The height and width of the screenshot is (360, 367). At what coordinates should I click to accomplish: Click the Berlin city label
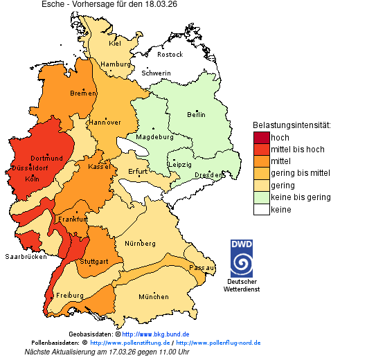coord(196,114)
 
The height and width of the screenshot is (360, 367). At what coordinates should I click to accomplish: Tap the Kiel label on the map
coord(115,44)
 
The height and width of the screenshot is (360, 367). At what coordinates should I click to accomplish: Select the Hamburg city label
coord(116,64)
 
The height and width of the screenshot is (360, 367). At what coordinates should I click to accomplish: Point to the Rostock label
coord(170,54)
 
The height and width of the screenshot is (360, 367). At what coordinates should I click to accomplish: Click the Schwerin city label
coord(156,73)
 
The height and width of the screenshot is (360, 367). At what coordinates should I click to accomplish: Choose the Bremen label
coord(82,93)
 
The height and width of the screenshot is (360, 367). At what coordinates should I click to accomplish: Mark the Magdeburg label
coord(154,136)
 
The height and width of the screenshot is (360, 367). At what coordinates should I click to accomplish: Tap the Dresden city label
coord(208,175)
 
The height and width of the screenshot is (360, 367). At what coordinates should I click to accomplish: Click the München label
coord(153,296)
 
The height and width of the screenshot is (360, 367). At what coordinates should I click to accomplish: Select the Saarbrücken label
coord(26,256)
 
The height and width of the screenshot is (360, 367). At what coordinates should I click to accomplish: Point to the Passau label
coord(202,267)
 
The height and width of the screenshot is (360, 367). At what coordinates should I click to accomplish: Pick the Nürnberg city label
coord(140,244)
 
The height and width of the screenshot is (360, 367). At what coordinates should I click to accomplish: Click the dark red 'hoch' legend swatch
coord(261,138)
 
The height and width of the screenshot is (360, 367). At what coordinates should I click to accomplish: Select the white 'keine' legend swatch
coord(261,210)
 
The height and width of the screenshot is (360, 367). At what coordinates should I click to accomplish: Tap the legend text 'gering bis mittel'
coord(300,173)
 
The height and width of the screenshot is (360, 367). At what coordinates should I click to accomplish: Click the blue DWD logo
coord(242,258)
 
